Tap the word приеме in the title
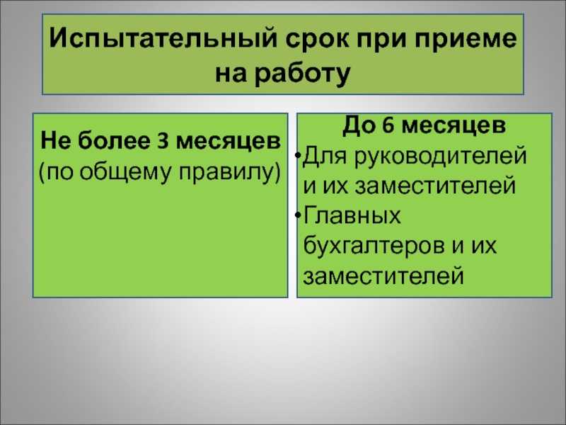[466, 39]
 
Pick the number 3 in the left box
[163, 141]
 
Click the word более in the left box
[114, 140]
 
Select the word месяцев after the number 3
[229, 142]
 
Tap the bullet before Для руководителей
[298, 155]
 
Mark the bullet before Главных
[298, 215]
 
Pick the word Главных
[352, 215]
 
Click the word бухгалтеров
[374, 246]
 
